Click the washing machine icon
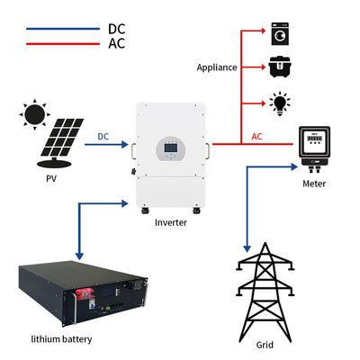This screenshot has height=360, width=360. pos(280,33)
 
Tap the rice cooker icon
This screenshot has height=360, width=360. pos(280,67)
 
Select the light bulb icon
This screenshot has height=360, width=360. pos(280,103)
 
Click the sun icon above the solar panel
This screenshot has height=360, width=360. pos(34,114)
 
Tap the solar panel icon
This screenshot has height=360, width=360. pos(60,142)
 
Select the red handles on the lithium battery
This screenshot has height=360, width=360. pos(84,294)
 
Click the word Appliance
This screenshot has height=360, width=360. pos(217,67)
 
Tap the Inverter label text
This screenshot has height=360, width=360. pos(171,222)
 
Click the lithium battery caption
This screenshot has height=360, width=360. pos(61,339)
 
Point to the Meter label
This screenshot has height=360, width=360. pos(314,184)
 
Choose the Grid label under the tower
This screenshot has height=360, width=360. pos(265,345)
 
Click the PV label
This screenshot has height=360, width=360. pos(51,179)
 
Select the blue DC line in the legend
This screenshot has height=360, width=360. pos(63,29)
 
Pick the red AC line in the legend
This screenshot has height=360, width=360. pos(63,44)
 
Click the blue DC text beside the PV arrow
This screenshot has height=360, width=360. pos(103,137)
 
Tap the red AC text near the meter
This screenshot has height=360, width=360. pos(256,137)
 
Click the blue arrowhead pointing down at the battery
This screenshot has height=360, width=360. pos(79,256)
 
